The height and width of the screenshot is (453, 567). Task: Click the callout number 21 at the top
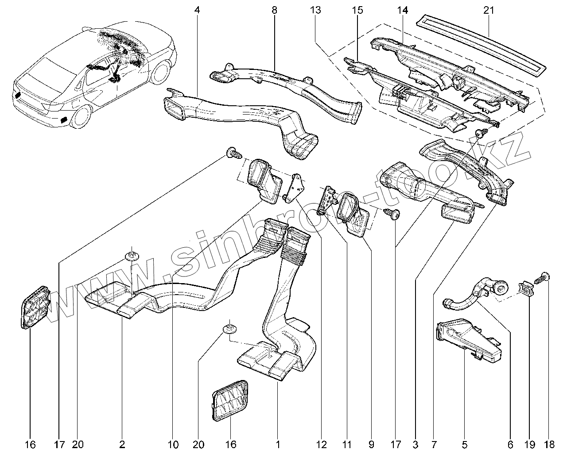[489, 11]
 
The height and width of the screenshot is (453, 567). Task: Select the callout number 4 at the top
[197, 11]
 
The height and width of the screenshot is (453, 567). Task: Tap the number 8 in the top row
[274, 11]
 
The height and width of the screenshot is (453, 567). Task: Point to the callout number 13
[315, 11]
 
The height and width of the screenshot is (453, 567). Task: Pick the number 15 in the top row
[357, 11]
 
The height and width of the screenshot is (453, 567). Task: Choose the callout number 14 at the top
[403, 11]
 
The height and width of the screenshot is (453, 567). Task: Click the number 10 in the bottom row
[173, 445]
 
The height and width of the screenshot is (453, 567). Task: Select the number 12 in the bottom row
[322, 445]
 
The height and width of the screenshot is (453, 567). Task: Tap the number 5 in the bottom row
[465, 445]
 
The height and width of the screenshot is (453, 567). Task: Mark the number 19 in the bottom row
[530, 445]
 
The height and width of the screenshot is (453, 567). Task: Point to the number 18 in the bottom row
[549, 445]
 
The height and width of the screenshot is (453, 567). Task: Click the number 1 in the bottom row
[278, 445]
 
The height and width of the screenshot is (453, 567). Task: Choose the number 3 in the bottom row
[416, 445]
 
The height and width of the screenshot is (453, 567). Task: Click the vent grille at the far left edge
[35, 307]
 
